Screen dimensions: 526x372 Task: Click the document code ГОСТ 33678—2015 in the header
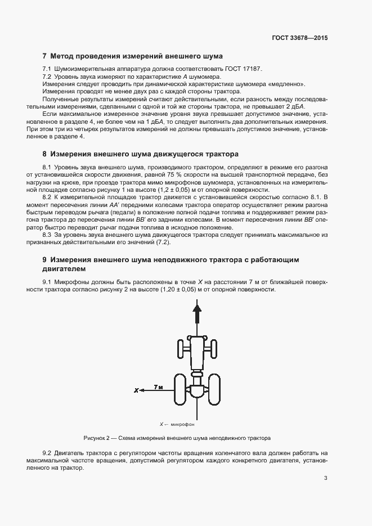pyautogui.click(x=299, y=38)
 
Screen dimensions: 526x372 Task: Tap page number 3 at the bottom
pyautogui.click(x=325, y=478)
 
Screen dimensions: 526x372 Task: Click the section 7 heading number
pyautogui.click(x=45, y=56)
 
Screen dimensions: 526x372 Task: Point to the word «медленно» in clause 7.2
pyautogui.click(x=289, y=84)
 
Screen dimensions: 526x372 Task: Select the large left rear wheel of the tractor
pyautogui.click(x=180, y=389)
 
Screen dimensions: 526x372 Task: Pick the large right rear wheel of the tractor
pyautogui.click(x=214, y=389)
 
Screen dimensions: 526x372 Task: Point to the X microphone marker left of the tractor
pyautogui.click(x=136, y=389)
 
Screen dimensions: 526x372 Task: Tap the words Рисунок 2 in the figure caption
pyautogui.click(x=96, y=437)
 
